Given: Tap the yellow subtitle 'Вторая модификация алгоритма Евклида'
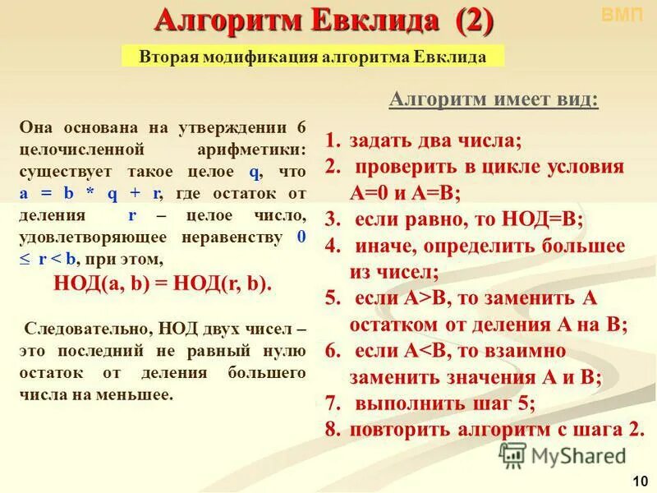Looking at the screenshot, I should [x=313, y=56].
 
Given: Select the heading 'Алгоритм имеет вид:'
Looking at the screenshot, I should [x=494, y=99].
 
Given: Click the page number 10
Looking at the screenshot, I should [x=641, y=480].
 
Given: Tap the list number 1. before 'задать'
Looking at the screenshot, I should [x=332, y=141].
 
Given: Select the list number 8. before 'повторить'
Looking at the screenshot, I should [x=332, y=430].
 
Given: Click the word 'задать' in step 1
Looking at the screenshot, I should [x=381, y=141].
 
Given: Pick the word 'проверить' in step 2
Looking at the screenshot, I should [x=409, y=167].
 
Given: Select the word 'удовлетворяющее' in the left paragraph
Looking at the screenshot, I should [x=95, y=238].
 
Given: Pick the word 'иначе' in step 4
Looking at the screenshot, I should [x=384, y=246].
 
